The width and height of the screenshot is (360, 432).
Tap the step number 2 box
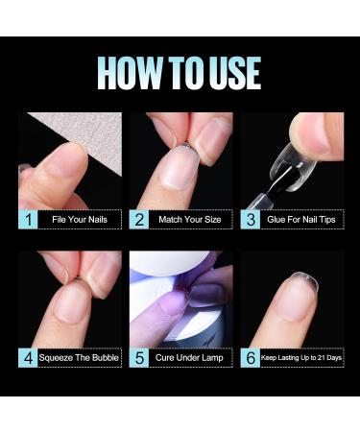click(x=139, y=220)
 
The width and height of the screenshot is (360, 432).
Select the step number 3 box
click(x=251, y=220)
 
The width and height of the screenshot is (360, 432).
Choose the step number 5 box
click(x=139, y=358)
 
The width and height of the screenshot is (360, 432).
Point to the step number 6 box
click(x=251, y=358)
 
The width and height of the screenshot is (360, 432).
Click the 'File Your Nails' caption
click(x=81, y=220)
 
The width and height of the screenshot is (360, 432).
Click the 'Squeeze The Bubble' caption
click(x=81, y=358)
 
